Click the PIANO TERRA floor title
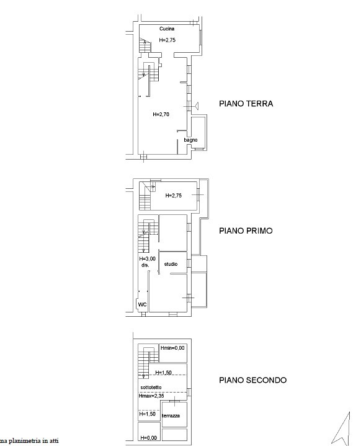[246, 104]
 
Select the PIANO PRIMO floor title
[246, 230]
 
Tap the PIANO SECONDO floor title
[253, 380]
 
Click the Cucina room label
[167, 29]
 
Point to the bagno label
[190, 140]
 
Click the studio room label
[171, 264]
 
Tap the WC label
[142, 304]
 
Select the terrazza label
[171, 416]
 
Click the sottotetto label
[151, 388]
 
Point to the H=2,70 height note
[161, 115]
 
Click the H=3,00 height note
[148, 259]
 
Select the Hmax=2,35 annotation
[151, 396]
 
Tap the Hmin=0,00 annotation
[172, 348]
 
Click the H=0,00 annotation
[148, 438]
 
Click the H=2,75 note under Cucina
[167, 40]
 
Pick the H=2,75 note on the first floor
[173, 196]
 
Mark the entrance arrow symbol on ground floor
[196, 106]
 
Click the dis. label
[145, 265]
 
